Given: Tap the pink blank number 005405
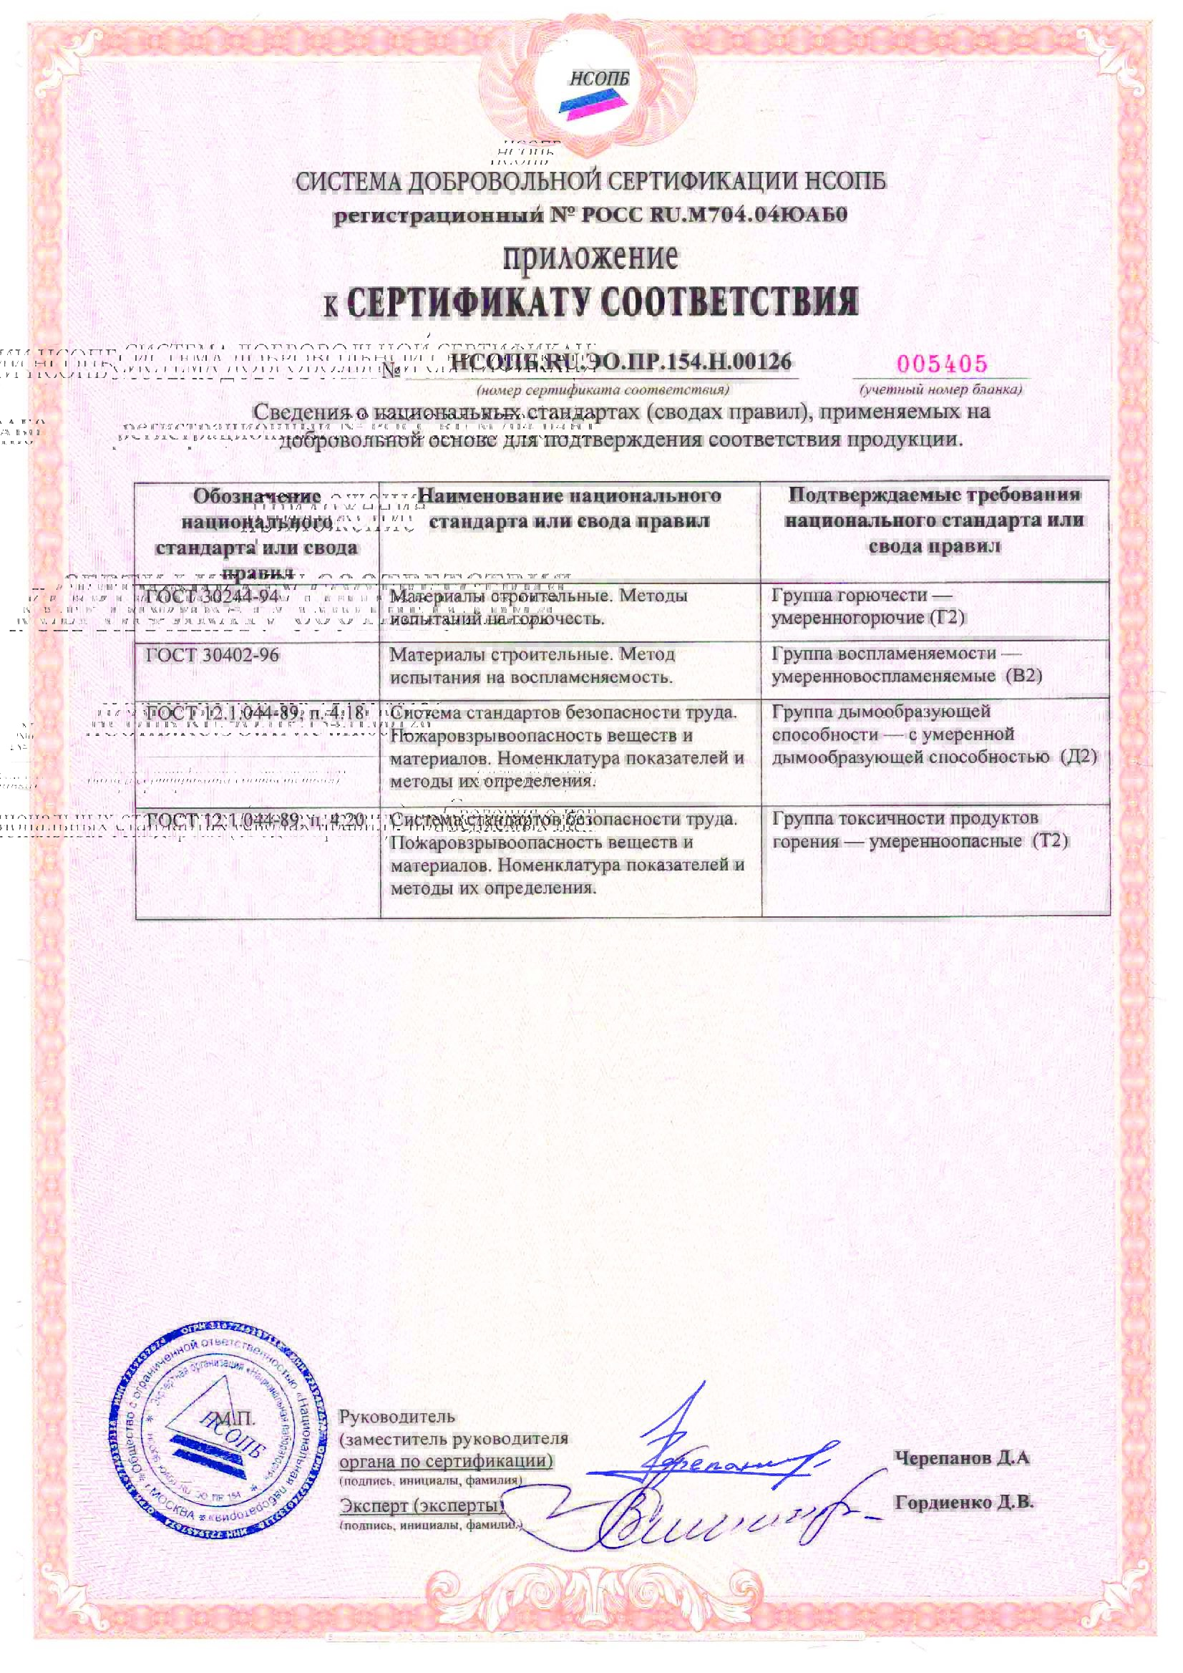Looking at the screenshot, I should click(x=942, y=363).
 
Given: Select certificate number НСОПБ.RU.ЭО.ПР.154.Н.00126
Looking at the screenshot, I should click(x=620, y=362).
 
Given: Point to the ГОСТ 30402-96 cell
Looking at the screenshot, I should click(x=212, y=655).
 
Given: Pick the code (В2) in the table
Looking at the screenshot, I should click(x=1023, y=676).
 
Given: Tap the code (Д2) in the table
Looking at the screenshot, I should click(x=1078, y=756).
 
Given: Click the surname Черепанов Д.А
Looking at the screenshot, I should click(x=961, y=1458).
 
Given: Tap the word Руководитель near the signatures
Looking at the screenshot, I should click(x=397, y=1417).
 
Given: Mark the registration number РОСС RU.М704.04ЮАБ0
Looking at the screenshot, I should click(x=714, y=215).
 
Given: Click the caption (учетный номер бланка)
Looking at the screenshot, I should click(x=940, y=390).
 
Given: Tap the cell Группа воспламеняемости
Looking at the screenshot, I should click(x=895, y=654).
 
